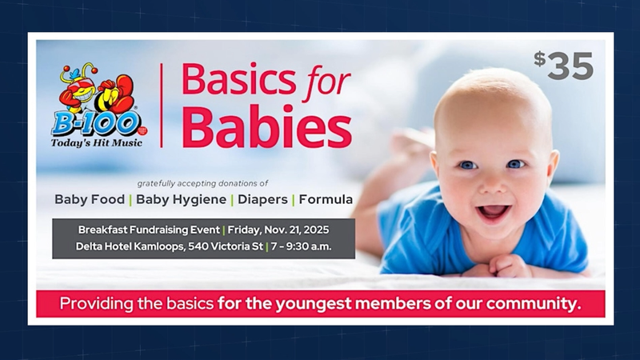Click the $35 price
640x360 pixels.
coord(564,66)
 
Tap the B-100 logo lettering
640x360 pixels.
coord(96,124)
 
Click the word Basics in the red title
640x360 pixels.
coord(238,78)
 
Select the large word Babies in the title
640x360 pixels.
coord(267,126)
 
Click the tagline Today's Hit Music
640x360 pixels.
coord(97,143)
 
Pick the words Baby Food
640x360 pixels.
coord(90,199)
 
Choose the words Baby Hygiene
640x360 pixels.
coord(182,199)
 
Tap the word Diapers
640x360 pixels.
coord(263,199)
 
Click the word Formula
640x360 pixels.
coord(326,199)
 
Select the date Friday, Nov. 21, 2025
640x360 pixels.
coord(278,230)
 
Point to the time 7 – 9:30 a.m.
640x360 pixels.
coord(302,246)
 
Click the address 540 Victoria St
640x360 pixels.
coord(226,246)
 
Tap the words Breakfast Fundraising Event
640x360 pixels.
coord(149,230)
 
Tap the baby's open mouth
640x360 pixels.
coord(493,212)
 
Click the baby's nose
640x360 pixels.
coord(492,186)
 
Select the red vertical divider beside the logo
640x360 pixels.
coord(162,106)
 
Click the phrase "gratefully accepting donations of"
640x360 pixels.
coord(202,184)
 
